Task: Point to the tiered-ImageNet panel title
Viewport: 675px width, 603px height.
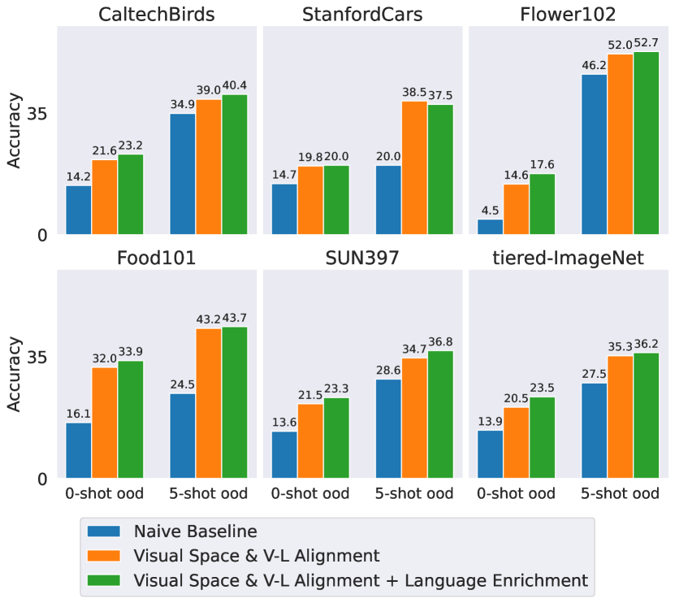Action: pyautogui.click(x=568, y=258)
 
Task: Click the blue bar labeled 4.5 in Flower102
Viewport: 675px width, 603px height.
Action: pyautogui.click(x=490, y=228)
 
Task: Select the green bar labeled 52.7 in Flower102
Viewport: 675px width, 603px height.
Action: pyautogui.click(x=646, y=144)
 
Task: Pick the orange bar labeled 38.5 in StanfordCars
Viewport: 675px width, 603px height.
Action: pyautogui.click(x=414, y=168)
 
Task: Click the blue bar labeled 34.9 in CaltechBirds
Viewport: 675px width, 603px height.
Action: pyautogui.click(x=183, y=175)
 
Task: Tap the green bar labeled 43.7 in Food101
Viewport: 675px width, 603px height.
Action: pyautogui.click(x=235, y=403)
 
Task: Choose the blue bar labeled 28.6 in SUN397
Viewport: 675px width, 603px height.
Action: pyautogui.click(x=388, y=429)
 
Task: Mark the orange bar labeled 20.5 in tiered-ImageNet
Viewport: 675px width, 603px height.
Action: pyautogui.click(x=516, y=443)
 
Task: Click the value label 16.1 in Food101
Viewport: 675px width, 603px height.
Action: pyautogui.click(x=78, y=414)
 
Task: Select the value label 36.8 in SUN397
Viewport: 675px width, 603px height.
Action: pyautogui.click(x=440, y=341)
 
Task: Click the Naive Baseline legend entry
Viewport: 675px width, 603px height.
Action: pyautogui.click(x=195, y=532)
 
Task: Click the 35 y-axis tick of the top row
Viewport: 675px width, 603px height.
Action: pyautogui.click(x=38, y=114)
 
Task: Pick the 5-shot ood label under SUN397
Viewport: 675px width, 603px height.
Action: pyautogui.click(x=414, y=494)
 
